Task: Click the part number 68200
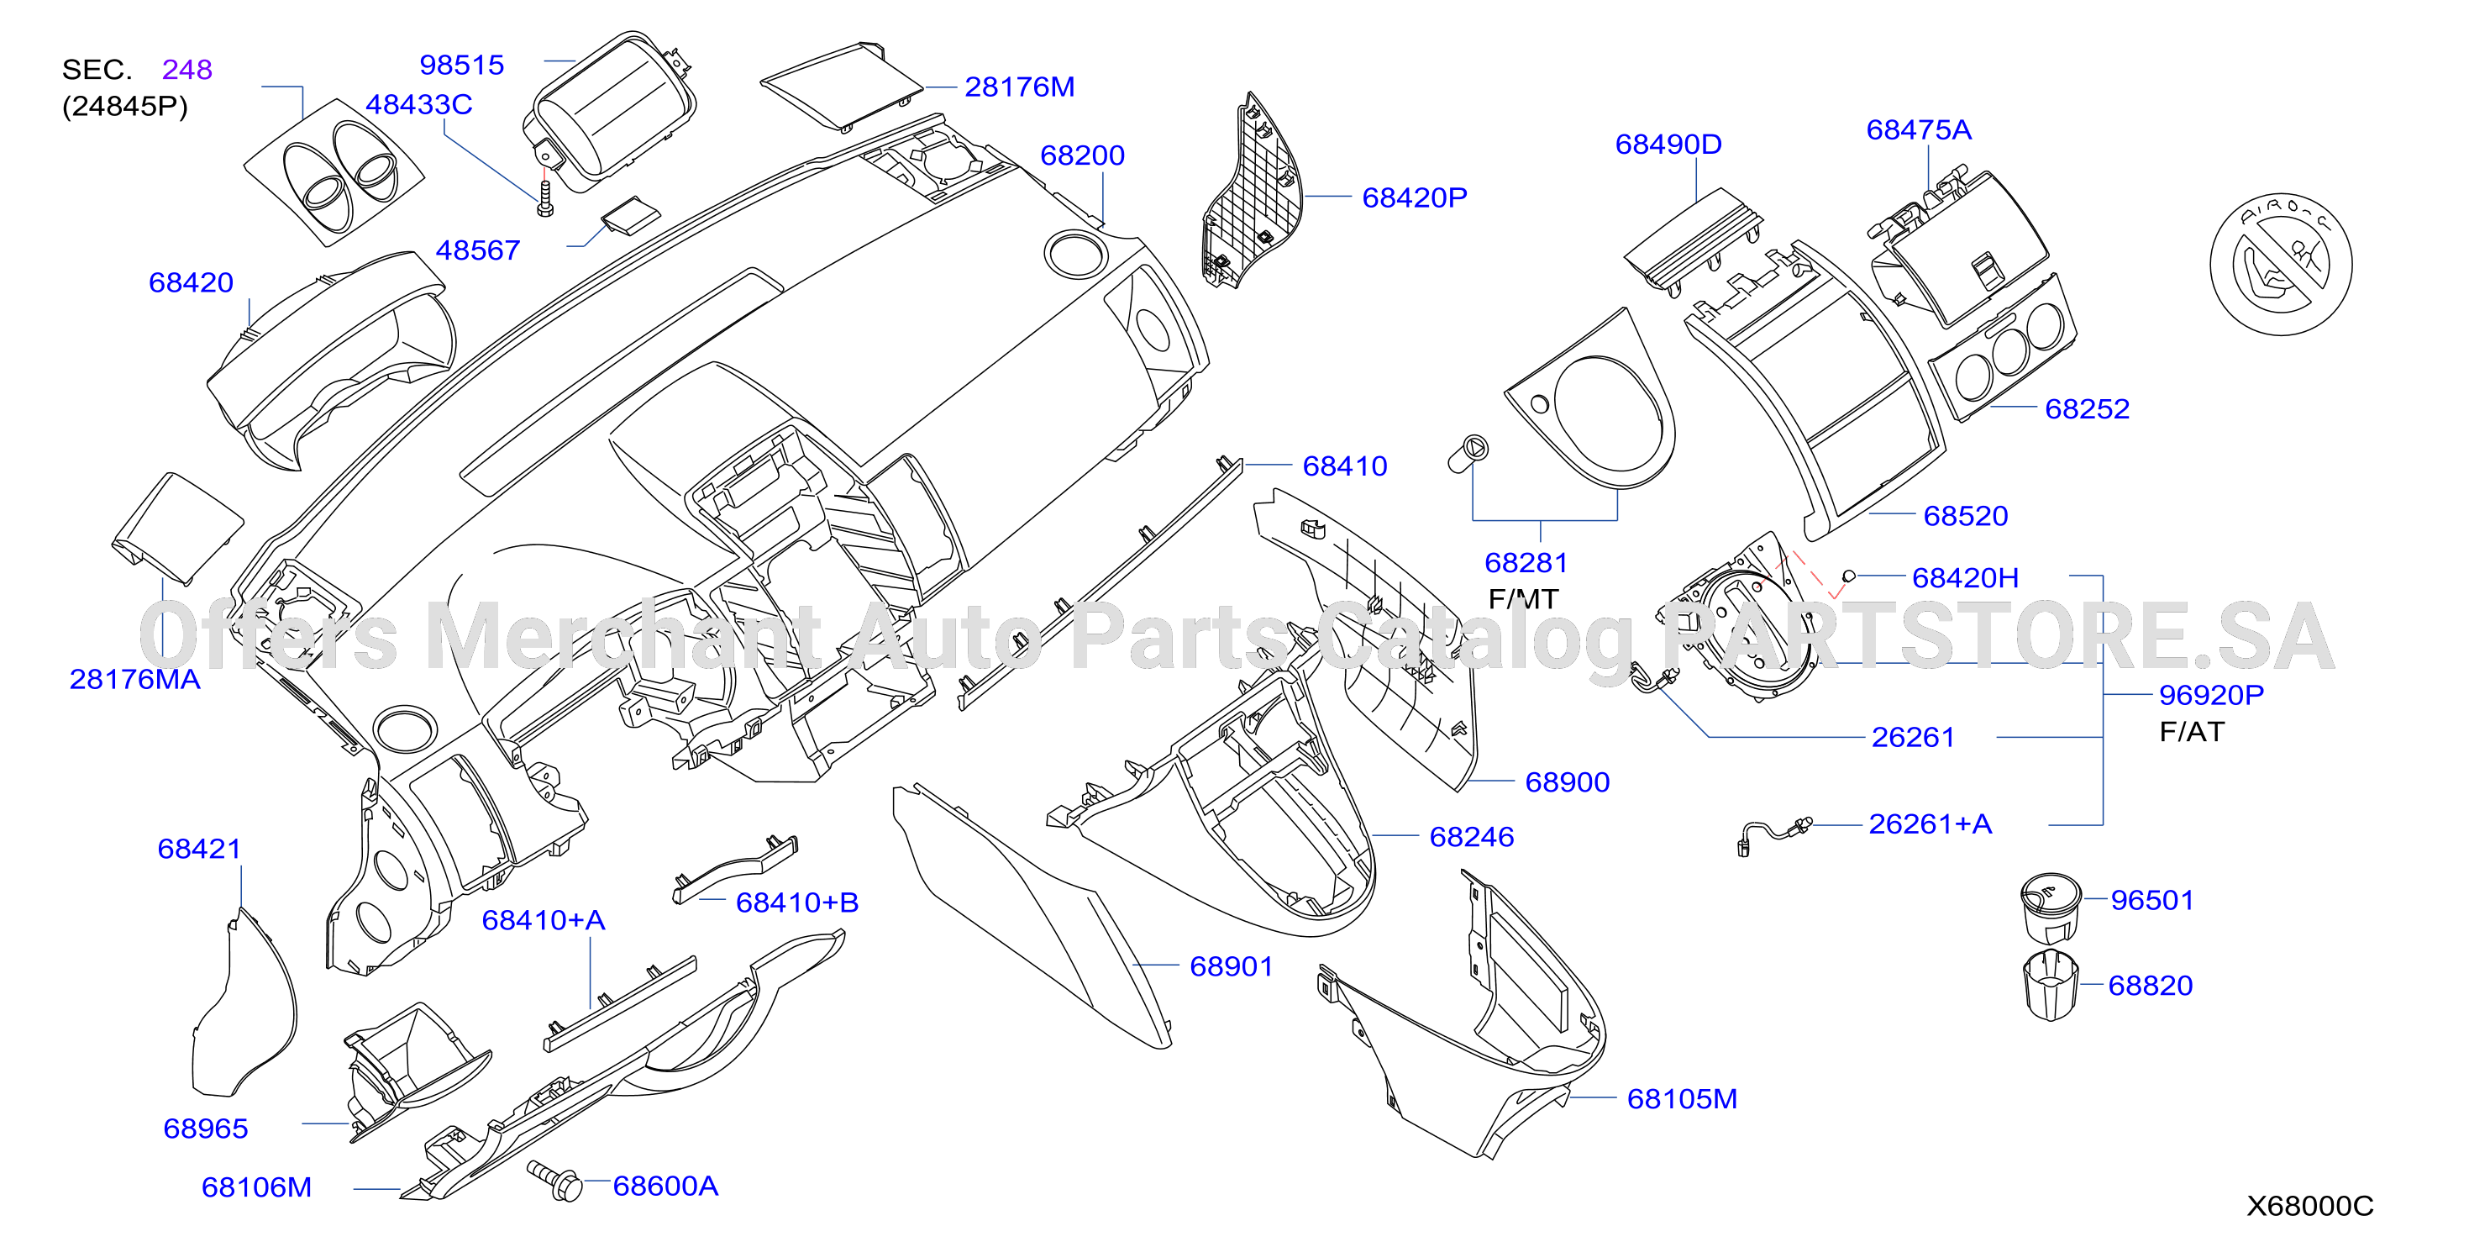[1082, 155]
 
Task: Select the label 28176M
[1019, 87]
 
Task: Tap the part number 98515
[462, 66]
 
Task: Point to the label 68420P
[1415, 197]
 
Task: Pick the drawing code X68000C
[2310, 1206]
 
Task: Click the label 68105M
[1682, 1098]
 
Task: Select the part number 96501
[2151, 900]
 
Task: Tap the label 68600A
[665, 1186]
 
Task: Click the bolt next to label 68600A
[555, 1181]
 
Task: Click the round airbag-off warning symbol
[2281, 265]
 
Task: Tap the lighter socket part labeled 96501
[2050, 908]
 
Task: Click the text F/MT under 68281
[1523, 599]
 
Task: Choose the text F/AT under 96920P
[2191, 731]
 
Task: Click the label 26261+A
[1931, 824]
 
